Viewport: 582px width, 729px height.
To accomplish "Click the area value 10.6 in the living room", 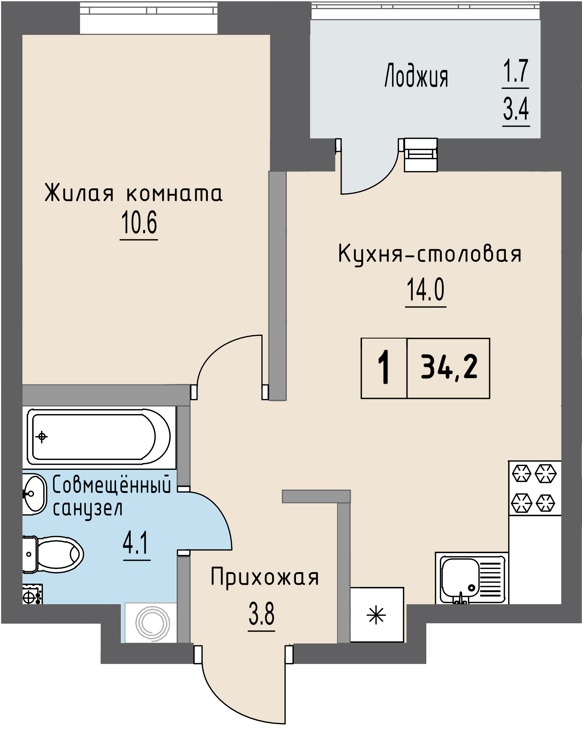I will (x=139, y=223).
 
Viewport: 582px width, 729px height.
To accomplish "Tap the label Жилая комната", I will (x=133, y=193).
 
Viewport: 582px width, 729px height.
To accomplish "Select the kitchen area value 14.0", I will (x=425, y=290).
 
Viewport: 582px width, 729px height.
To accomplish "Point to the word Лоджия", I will (x=416, y=76).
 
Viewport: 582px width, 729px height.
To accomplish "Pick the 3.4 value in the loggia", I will (x=516, y=109).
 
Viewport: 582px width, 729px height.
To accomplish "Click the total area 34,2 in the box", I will (x=449, y=367).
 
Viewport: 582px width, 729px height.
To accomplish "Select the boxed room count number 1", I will (x=384, y=367).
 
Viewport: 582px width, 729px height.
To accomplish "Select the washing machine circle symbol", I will (x=152, y=623).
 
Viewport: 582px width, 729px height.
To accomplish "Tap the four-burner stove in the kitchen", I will (x=535, y=488).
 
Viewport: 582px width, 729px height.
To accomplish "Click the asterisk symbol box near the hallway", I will (x=377, y=615).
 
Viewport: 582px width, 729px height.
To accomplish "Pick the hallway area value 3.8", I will (x=261, y=615).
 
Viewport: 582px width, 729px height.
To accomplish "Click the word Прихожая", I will (x=264, y=577).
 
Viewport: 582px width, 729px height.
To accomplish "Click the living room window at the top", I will (x=149, y=18).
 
